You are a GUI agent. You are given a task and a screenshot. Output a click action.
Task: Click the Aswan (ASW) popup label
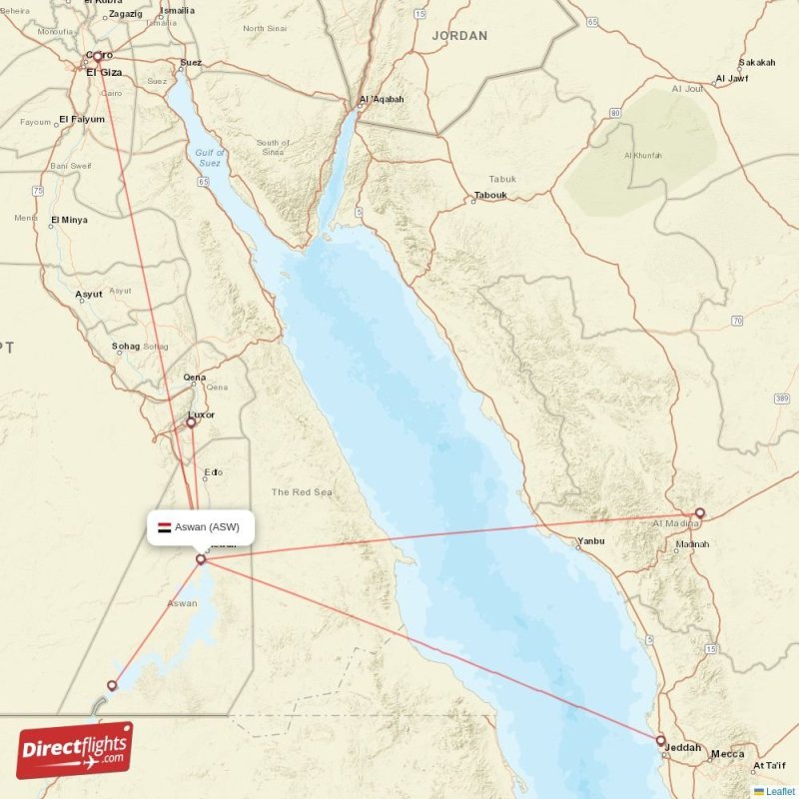coord(201,527)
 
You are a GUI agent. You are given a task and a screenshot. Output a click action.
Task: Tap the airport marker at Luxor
coord(191,422)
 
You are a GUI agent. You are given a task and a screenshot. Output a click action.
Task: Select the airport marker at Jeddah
coord(660,740)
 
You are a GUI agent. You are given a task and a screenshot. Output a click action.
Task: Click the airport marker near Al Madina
coord(699,513)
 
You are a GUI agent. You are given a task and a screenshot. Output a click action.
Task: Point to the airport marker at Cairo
coord(98,57)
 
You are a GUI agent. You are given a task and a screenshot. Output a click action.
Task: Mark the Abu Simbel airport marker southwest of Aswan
coord(112,685)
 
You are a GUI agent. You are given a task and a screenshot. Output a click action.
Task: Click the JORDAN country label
coord(459,36)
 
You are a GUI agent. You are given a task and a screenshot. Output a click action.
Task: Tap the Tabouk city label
coord(490,195)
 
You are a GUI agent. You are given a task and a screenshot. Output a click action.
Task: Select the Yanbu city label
coord(590,544)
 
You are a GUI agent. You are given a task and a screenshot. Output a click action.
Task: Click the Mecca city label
coord(728,754)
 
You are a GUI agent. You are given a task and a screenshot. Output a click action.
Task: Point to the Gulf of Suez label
coord(209,157)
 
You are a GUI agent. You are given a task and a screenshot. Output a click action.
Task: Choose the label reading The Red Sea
coord(302,492)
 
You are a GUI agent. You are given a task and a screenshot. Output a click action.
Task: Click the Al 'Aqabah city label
coord(382,99)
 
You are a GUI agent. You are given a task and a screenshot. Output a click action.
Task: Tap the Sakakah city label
coord(756,62)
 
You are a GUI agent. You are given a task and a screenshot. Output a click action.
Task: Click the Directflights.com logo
coord(75,750)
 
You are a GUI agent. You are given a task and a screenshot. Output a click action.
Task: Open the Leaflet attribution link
coord(780,791)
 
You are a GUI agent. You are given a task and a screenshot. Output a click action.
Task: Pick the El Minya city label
coord(69,220)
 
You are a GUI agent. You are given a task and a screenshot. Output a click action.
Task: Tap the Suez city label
coord(190,63)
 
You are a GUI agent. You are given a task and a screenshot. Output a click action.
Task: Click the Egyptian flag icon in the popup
coord(164,527)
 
